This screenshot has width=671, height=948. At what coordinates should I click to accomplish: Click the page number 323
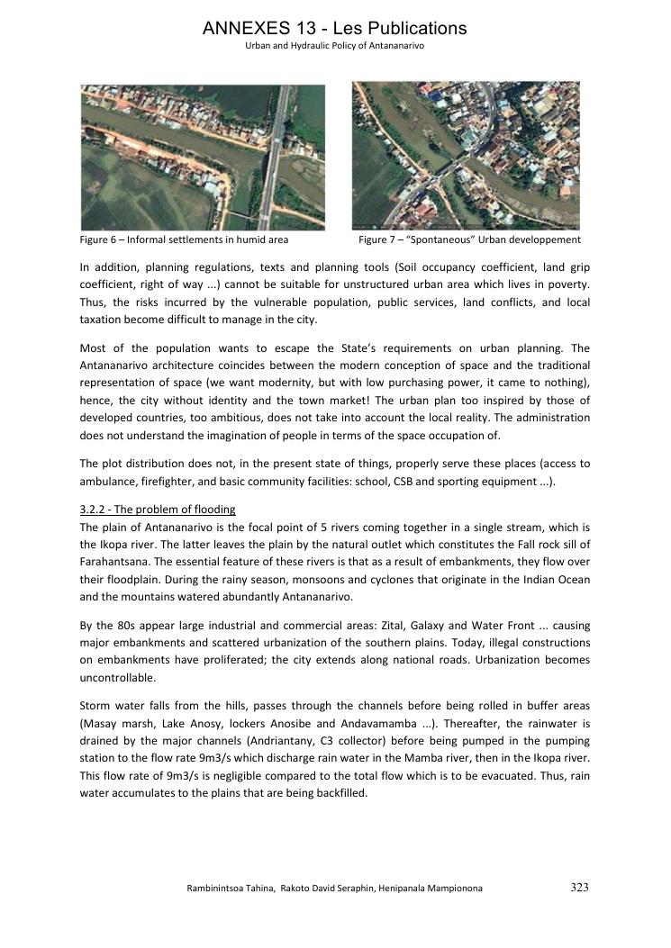(x=579, y=888)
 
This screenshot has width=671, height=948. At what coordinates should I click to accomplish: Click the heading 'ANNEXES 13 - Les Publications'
(x=335, y=28)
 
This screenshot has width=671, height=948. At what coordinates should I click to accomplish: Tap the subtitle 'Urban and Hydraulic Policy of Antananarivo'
(x=335, y=46)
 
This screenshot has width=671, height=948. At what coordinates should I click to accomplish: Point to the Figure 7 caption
(x=469, y=240)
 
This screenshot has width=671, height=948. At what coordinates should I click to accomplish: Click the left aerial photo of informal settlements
(x=203, y=157)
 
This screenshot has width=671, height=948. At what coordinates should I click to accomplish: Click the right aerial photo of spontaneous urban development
(x=466, y=155)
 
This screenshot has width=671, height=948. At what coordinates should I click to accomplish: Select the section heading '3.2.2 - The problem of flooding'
(x=158, y=510)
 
